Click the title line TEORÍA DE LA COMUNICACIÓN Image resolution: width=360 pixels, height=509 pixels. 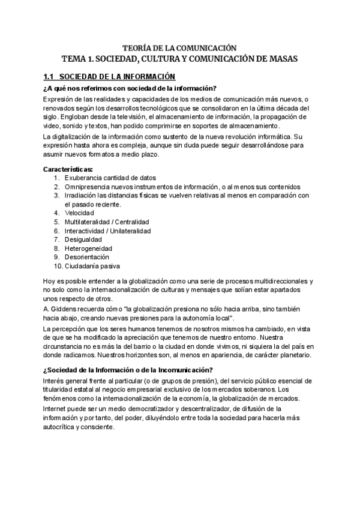179,47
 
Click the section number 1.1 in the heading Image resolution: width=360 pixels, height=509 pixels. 49,77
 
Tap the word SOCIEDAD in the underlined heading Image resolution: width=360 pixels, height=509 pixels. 80,77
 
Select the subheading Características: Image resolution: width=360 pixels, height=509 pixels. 68,169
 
